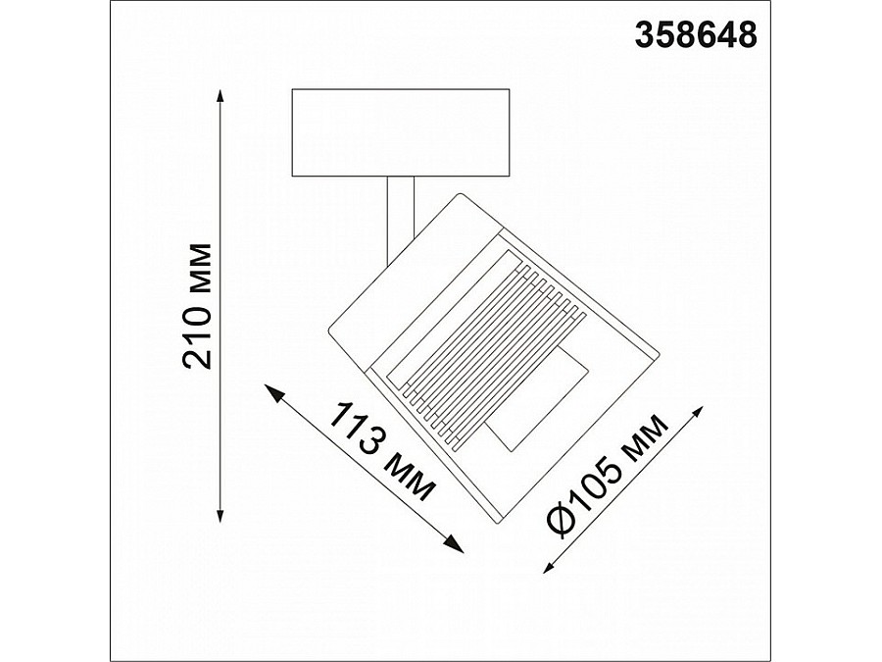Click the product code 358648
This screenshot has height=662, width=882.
tap(697, 35)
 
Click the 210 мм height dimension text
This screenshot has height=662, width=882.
tap(199, 304)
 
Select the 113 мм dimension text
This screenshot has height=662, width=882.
tap(382, 451)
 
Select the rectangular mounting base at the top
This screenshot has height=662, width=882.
tap(402, 133)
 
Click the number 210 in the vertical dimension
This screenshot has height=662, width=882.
tap(199, 338)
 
